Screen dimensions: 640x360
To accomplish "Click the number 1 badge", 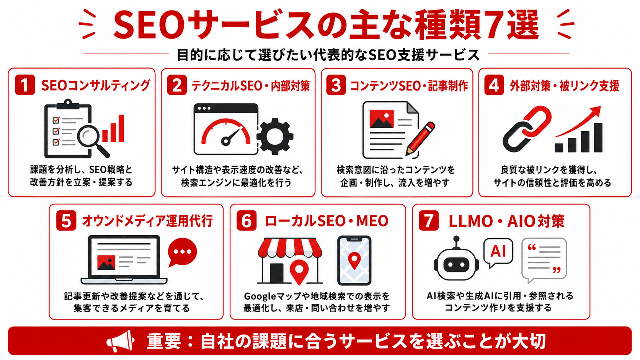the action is [25, 85].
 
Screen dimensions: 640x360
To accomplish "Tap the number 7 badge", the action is [429, 220].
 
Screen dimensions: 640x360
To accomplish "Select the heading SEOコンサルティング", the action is [96, 85].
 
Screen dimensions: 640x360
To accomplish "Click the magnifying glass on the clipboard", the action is [92, 139].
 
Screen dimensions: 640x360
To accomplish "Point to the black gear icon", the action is [275, 136].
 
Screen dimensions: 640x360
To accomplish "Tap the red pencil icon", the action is [420, 139].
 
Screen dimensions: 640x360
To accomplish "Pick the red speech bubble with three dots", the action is [182, 252].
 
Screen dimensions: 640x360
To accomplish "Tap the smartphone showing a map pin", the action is [354, 261].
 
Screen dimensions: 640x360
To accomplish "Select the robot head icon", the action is [456, 259].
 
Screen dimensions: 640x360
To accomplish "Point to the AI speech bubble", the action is [498, 252].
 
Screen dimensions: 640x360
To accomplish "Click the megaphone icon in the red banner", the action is [120, 341].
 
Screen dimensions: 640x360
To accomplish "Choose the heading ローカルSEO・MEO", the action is [327, 221].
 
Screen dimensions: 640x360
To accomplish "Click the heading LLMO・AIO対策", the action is [506, 221].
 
